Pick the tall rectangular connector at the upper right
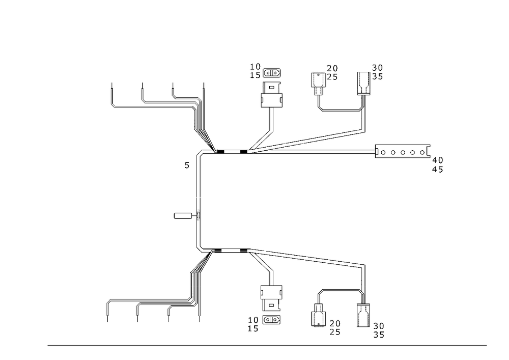click(x=363, y=83)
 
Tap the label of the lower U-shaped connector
click(x=334, y=324)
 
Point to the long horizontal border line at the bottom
click(x=267, y=345)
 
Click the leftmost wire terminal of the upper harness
click(x=112, y=98)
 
